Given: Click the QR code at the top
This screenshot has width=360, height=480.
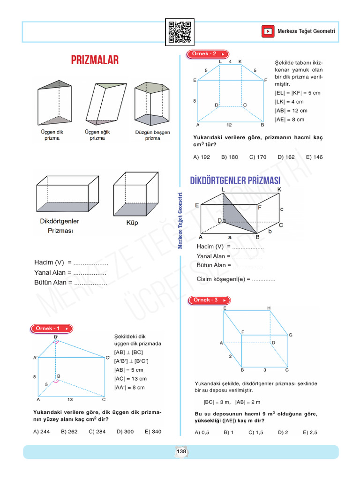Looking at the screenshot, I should coord(180,31).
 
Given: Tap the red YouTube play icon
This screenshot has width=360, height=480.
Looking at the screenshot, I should coord(268,31).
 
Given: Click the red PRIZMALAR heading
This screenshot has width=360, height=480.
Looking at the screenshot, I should coord(95,60).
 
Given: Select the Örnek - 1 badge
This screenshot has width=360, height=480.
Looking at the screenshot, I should coord(52,329).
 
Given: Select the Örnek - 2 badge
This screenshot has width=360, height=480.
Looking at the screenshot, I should coord(208,54).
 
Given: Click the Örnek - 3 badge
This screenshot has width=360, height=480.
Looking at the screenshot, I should coord(210,300).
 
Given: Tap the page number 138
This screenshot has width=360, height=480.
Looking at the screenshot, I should coord(181,451).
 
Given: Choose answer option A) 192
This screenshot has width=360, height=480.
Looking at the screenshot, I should coord(202,157).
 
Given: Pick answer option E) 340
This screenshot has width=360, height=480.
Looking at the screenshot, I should coord(153,432).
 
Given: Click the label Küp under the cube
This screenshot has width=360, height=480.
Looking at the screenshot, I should coord(133,223).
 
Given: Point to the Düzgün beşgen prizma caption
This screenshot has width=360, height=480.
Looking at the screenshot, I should coord(152,135).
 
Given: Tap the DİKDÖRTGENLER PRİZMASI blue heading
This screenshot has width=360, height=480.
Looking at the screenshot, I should coord(235,181).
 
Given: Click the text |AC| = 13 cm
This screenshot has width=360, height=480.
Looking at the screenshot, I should coord(130,379).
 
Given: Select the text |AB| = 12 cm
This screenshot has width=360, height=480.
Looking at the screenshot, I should coord(291,111).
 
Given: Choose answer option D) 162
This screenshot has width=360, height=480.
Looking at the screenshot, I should coord(286,157).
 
